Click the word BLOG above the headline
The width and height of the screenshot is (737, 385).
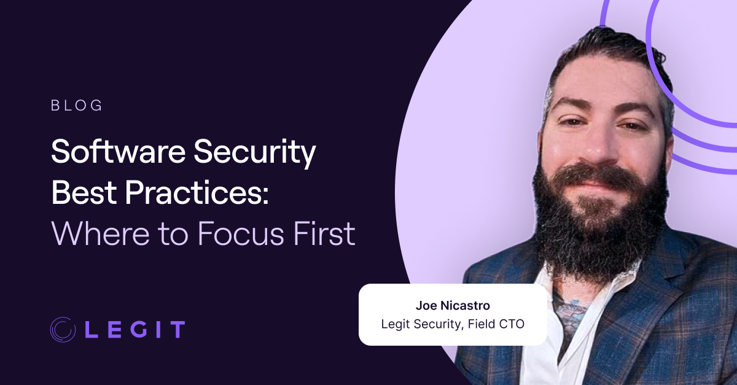77,106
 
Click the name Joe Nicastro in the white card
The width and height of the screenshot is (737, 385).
452,305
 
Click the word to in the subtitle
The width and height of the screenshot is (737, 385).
179,234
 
